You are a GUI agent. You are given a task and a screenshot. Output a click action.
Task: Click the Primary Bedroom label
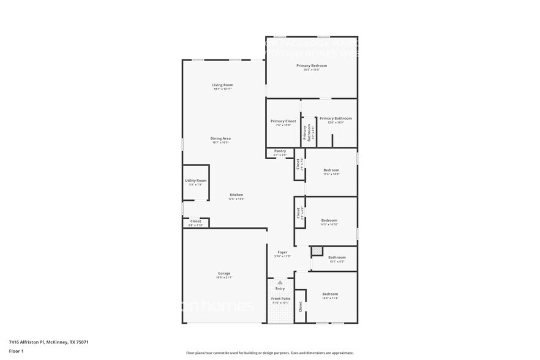(311, 66)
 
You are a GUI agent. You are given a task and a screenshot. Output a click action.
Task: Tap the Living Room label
(223, 85)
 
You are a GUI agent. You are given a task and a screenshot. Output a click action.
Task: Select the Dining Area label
(221, 138)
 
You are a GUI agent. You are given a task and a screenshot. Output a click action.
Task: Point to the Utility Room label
(196, 181)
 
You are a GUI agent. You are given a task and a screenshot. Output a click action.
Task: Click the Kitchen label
(236, 195)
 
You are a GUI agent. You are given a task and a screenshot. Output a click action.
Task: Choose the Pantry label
(280, 151)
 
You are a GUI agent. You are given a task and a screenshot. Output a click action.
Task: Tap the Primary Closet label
(283, 121)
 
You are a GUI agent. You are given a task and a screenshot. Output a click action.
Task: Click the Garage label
(223, 274)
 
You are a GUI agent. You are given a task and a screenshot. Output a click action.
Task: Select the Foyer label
(282, 252)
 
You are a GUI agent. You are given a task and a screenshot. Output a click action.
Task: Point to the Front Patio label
(281, 299)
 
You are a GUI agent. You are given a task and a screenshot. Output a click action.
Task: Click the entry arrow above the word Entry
(280, 282)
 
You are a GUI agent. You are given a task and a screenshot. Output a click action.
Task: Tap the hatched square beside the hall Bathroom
(317, 250)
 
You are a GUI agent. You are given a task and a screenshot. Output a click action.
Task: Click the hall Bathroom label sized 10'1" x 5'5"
(337, 258)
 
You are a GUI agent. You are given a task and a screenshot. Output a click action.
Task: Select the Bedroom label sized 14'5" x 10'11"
(329, 220)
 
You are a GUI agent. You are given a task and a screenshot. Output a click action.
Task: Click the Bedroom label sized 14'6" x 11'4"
(330, 294)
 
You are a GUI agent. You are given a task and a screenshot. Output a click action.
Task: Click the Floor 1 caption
(16, 351)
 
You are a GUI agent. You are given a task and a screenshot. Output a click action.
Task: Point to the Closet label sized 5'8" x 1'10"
(195, 222)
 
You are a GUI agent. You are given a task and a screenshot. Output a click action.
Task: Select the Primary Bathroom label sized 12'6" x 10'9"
(336, 119)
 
